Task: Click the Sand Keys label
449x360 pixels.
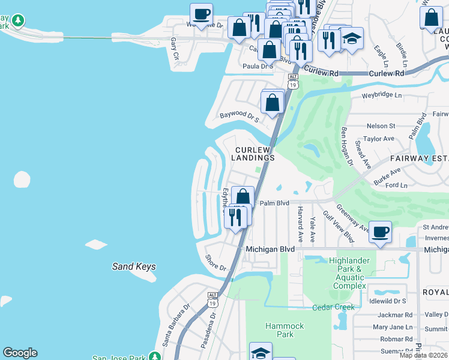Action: (x=134, y=266)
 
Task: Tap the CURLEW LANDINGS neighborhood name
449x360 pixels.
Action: (x=255, y=154)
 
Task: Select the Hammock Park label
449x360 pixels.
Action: (x=285, y=330)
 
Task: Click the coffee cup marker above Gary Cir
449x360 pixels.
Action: (x=201, y=13)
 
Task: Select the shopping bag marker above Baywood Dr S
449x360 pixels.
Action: (x=273, y=101)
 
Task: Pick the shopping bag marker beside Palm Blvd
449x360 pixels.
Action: (x=243, y=196)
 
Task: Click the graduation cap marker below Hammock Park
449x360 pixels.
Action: (x=261, y=352)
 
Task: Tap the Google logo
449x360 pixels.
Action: (x=20, y=353)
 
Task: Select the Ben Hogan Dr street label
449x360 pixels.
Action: (x=346, y=145)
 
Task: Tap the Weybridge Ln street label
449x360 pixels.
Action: (x=381, y=95)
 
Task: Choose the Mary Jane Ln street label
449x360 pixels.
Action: (x=393, y=327)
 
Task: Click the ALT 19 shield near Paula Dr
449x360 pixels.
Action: (x=293, y=82)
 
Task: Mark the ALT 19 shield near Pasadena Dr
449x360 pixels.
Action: (x=212, y=299)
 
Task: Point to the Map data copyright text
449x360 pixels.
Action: (x=423, y=355)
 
